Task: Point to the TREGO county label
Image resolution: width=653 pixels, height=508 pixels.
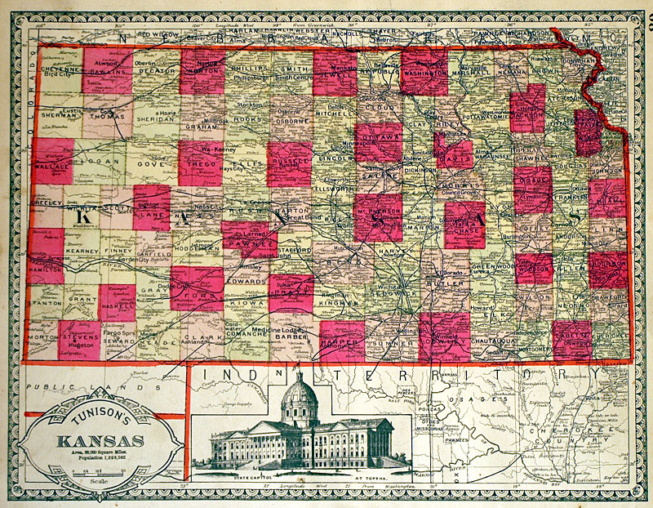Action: coord(200,164)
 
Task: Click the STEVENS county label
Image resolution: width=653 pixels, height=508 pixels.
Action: coord(81,334)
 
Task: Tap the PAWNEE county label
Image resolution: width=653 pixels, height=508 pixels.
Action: coord(246,241)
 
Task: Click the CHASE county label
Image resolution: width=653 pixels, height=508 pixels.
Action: coord(465,231)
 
